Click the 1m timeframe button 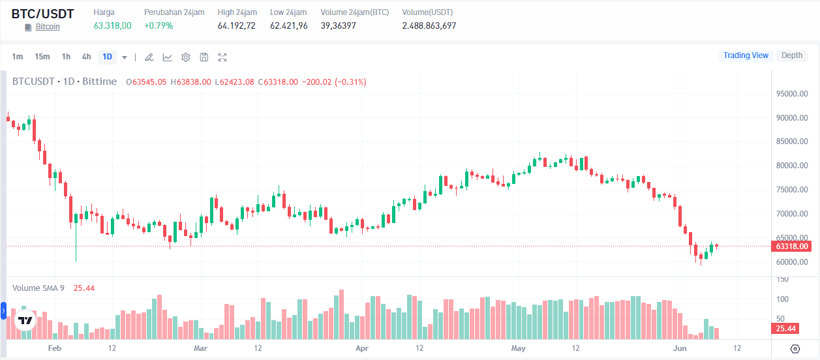point(17,57)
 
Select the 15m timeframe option point(42,57)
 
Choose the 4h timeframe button point(86,57)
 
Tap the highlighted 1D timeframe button point(107,57)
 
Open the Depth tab point(792,55)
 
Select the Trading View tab point(746,55)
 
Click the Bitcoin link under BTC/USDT point(48,27)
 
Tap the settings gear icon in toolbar point(186,57)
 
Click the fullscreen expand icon point(222,57)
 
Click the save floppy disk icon point(204,57)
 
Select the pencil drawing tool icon point(149,57)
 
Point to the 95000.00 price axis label point(792,94)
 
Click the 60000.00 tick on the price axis point(792,262)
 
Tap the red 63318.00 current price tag point(791,247)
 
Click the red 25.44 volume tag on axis point(785,329)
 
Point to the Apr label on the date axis point(362,348)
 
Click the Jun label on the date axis point(680,348)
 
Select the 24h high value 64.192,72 point(237,25)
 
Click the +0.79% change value point(159,25)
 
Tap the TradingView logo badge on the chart point(25,320)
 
